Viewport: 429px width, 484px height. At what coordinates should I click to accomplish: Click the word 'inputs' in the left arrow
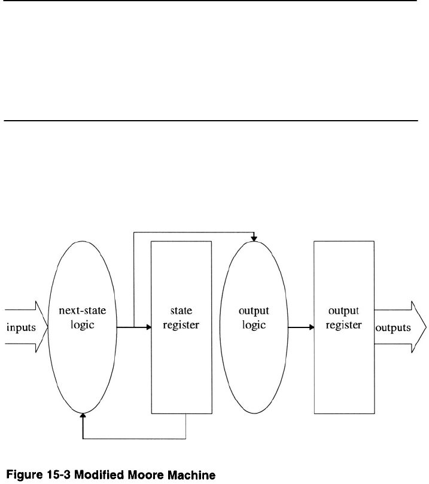[x=20, y=327]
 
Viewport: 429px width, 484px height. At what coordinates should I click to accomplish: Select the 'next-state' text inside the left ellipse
[x=83, y=311]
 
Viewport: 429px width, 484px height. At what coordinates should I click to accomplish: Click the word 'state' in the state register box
[x=181, y=311]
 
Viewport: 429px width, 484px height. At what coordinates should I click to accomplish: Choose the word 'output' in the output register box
[x=343, y=311]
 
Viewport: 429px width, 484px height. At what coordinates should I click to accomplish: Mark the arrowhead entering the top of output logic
[x=254, y=238]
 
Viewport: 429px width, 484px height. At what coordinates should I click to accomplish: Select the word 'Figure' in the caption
[x=25, y=475]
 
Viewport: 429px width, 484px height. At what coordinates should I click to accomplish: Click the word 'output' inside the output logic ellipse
[x=254, y=311]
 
